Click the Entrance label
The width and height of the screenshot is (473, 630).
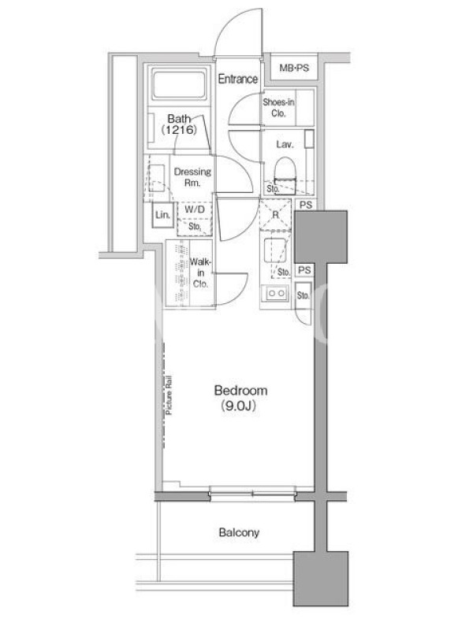238,79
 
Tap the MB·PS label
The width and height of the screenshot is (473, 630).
294,68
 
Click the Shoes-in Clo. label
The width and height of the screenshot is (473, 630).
278,108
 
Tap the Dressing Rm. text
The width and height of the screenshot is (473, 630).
192,177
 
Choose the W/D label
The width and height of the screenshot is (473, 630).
195,209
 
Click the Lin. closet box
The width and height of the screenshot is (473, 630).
163,215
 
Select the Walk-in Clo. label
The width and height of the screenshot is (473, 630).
200,272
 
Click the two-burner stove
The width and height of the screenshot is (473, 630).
276,293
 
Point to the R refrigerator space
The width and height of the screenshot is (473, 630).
275,215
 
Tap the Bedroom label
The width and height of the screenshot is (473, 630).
240,390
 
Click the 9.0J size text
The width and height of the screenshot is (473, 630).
239,406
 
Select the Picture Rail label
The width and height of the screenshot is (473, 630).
169,395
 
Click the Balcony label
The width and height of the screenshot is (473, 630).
239,533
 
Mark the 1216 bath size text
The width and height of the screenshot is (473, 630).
179,130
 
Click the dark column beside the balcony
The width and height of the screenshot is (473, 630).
321,578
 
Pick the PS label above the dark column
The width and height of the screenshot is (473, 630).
306,205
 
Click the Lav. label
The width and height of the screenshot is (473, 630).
285,144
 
